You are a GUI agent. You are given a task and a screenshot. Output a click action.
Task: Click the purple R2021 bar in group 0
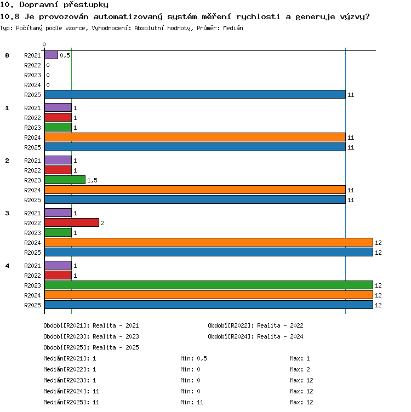pos(52,55)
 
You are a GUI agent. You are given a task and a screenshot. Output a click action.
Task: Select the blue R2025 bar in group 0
pos(195,94)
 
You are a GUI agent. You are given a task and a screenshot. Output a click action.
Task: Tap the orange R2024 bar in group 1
pos(195,137)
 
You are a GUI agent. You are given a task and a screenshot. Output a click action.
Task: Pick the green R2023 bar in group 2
pos(65,180)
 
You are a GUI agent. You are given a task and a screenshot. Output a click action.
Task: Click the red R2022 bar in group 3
pos(72,222)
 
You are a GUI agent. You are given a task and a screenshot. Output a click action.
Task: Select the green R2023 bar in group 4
pos(209,285)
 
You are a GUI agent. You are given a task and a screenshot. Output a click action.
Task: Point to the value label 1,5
pos(92,180)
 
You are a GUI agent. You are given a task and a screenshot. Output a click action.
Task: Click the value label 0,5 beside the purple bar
pos(65,55)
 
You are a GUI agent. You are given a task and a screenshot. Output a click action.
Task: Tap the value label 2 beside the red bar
pos(103,223)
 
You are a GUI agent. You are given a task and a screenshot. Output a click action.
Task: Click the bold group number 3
pos(7,213)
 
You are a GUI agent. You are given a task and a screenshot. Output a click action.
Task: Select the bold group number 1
pos(7,108)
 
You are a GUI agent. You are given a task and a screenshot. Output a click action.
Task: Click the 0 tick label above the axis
pos(44,44)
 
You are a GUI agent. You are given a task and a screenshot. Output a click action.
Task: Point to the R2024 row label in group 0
pos(32,85)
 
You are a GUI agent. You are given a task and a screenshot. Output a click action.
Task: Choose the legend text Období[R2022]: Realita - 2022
pos(255,325)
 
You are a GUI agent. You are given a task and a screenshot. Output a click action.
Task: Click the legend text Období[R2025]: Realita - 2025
pos(91,347)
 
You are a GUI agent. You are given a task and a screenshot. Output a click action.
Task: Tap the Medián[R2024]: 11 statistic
pos(71,391)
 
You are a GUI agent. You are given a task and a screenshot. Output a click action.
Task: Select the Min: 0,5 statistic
pos(193,358)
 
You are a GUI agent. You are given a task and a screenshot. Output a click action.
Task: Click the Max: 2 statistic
pos(300,369)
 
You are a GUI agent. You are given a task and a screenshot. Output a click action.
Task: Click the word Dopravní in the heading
pos(38,5)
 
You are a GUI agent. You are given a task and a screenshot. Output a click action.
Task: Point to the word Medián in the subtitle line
pos(233,28)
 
